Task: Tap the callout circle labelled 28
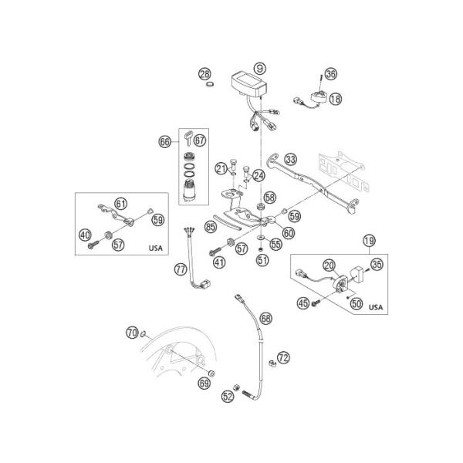coord(204,74)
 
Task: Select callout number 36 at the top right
coord(330,74)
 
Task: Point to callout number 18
coord(335,99)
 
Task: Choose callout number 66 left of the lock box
coord(164,141)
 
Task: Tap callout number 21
coord(221,168)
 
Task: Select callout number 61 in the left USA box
coord(120,203)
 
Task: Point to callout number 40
coord(85,235)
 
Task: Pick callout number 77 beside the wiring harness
coord(180,269)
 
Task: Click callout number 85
coord(210,227)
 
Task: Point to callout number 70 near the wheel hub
coord(131,333)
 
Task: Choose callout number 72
coord(283,357)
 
